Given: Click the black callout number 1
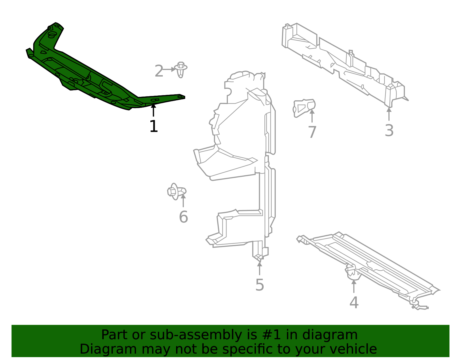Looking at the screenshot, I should click(x=154, y=127).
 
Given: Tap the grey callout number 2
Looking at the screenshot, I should click(x=159, y=71).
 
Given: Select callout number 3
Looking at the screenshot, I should click(x=389, y=131).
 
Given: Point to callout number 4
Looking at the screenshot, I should click(x=354, y=303).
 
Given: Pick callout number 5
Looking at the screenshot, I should click(x=260, y=285).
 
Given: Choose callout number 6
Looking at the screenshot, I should click(x=183, y=217).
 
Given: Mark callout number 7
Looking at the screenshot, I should click(x=312, y=132).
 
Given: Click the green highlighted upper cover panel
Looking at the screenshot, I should click(x=86, y=72).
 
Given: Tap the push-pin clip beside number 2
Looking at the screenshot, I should click(x=181, y=69).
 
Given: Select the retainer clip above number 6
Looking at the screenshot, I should click(x=176, y=191).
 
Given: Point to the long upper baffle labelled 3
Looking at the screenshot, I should click(x=343, y=63).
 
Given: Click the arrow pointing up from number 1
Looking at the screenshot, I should click(x=154, y=110).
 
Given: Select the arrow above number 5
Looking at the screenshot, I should click(x=260, y=268).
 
